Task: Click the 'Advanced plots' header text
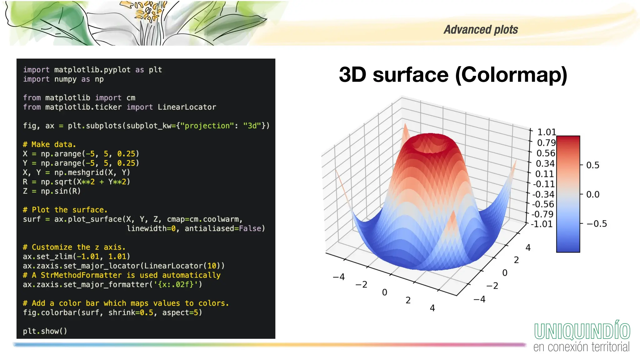pyautogui.click(x=481, y=30)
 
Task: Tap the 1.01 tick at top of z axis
pyautogui.click(x=546, y=132)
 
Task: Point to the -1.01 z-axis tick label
pyautogui.click(x=542, y=224)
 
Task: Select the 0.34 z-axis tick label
pyautogui.click(x=545, y=163)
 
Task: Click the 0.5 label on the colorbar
pyautogui.click(x=592, y=165)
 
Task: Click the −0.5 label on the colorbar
pyautogui.click(x=597, y=224)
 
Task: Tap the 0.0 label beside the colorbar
pyautogui.click(x=592, y=195)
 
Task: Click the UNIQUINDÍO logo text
pyautogui.click(x=582, y=331)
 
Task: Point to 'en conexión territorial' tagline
pyautogui.click(x=581, y=347)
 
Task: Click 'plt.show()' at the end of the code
pyautogui.click(x=45, y=331)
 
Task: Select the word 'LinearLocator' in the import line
pyautogui.click(x=187, y=107)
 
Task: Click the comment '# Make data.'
pyautogui.click(x=49, y=144)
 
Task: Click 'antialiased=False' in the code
pyautogui.click(x=224, y=228)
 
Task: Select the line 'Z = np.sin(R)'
pyautogui.click(x=52, y=191)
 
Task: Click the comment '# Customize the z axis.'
pyautogui.click(x=74, y=247)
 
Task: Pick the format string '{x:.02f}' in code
pyautogui.click(x=176, y=284)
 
